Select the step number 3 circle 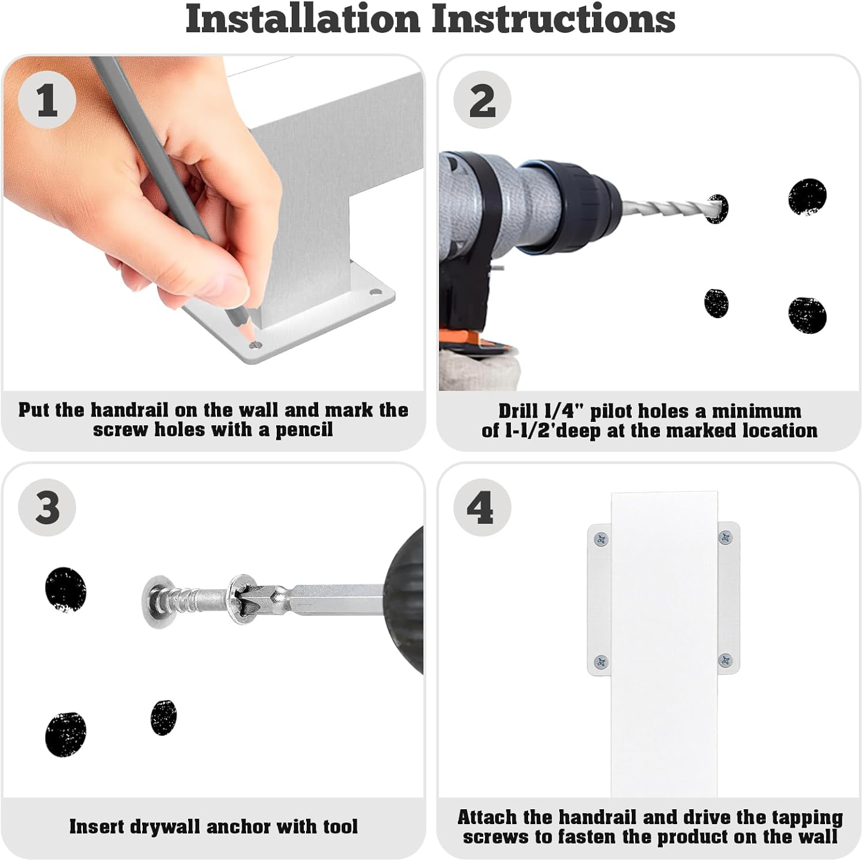tap(47, 508)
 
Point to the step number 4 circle tap(482, 508)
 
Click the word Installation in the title tap(303, 19)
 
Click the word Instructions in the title tap(553, 19)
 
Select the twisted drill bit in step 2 tap(667, 209)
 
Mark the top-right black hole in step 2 tap(807, 197)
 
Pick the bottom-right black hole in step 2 tap(807, 315)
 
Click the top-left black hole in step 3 tap(66, 589)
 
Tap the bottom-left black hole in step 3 tap(66, 734)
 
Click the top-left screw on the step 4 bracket tap(601, 539)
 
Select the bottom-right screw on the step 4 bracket tap(725, 660)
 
